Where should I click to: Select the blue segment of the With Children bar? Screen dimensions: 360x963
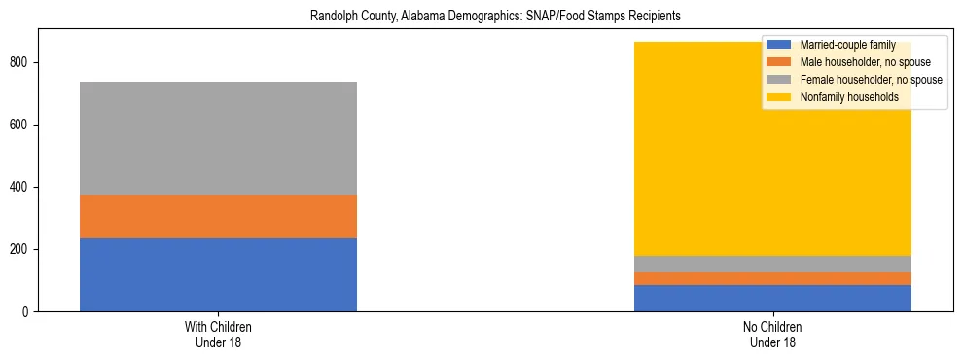pos(218,274)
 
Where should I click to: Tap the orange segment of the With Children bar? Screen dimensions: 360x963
pos(218,216)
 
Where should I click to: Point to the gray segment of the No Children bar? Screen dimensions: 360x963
pos(772,264)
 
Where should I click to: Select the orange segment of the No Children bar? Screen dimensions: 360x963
pos(772,278)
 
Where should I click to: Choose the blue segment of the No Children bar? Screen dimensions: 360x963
pos(772,298)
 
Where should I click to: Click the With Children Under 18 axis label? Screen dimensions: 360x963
pos(218,335)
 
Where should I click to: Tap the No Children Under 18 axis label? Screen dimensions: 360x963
pos(772,335)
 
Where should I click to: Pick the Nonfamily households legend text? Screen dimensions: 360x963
pos(849,97)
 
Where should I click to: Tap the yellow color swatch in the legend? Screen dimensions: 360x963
pos(779,97)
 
